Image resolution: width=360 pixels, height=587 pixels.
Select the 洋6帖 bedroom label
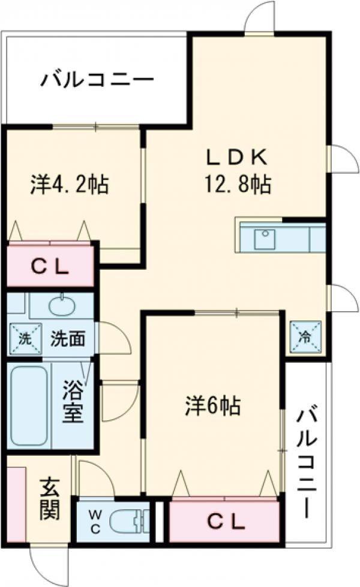212,407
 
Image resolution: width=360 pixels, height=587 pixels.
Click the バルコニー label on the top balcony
97,80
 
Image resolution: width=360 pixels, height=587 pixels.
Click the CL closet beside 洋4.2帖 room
50,265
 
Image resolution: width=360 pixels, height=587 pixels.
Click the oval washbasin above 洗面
61,307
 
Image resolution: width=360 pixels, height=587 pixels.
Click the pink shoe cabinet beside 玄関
16,504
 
